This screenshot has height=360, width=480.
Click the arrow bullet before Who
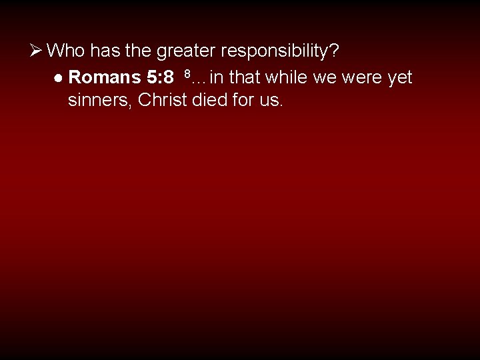tap(37, 50)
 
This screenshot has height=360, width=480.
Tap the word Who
tap(67, 50)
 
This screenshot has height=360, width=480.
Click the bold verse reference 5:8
tap(160, 78)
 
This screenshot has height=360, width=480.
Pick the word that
tap(245, 78)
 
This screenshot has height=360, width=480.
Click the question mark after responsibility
tap(334, 50)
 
